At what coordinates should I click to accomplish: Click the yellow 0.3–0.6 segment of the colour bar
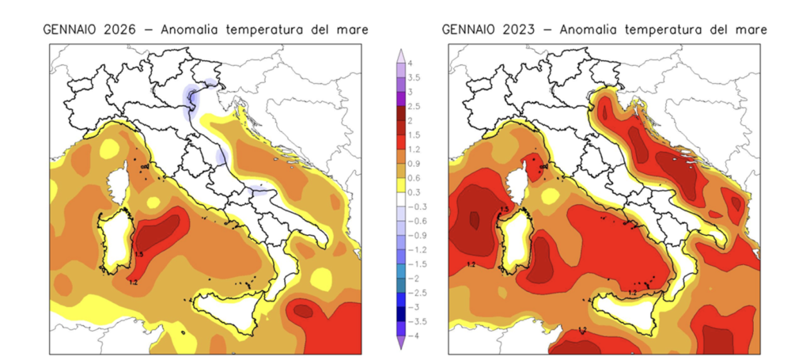(x=401, y=185)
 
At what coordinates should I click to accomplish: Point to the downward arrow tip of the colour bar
(x=401, y=346)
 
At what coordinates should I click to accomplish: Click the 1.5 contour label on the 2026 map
(x=138, y=254)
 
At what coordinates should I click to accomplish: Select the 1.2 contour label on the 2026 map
(x=132, y=282)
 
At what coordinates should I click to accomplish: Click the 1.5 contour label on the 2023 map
(x=504, y=209)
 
